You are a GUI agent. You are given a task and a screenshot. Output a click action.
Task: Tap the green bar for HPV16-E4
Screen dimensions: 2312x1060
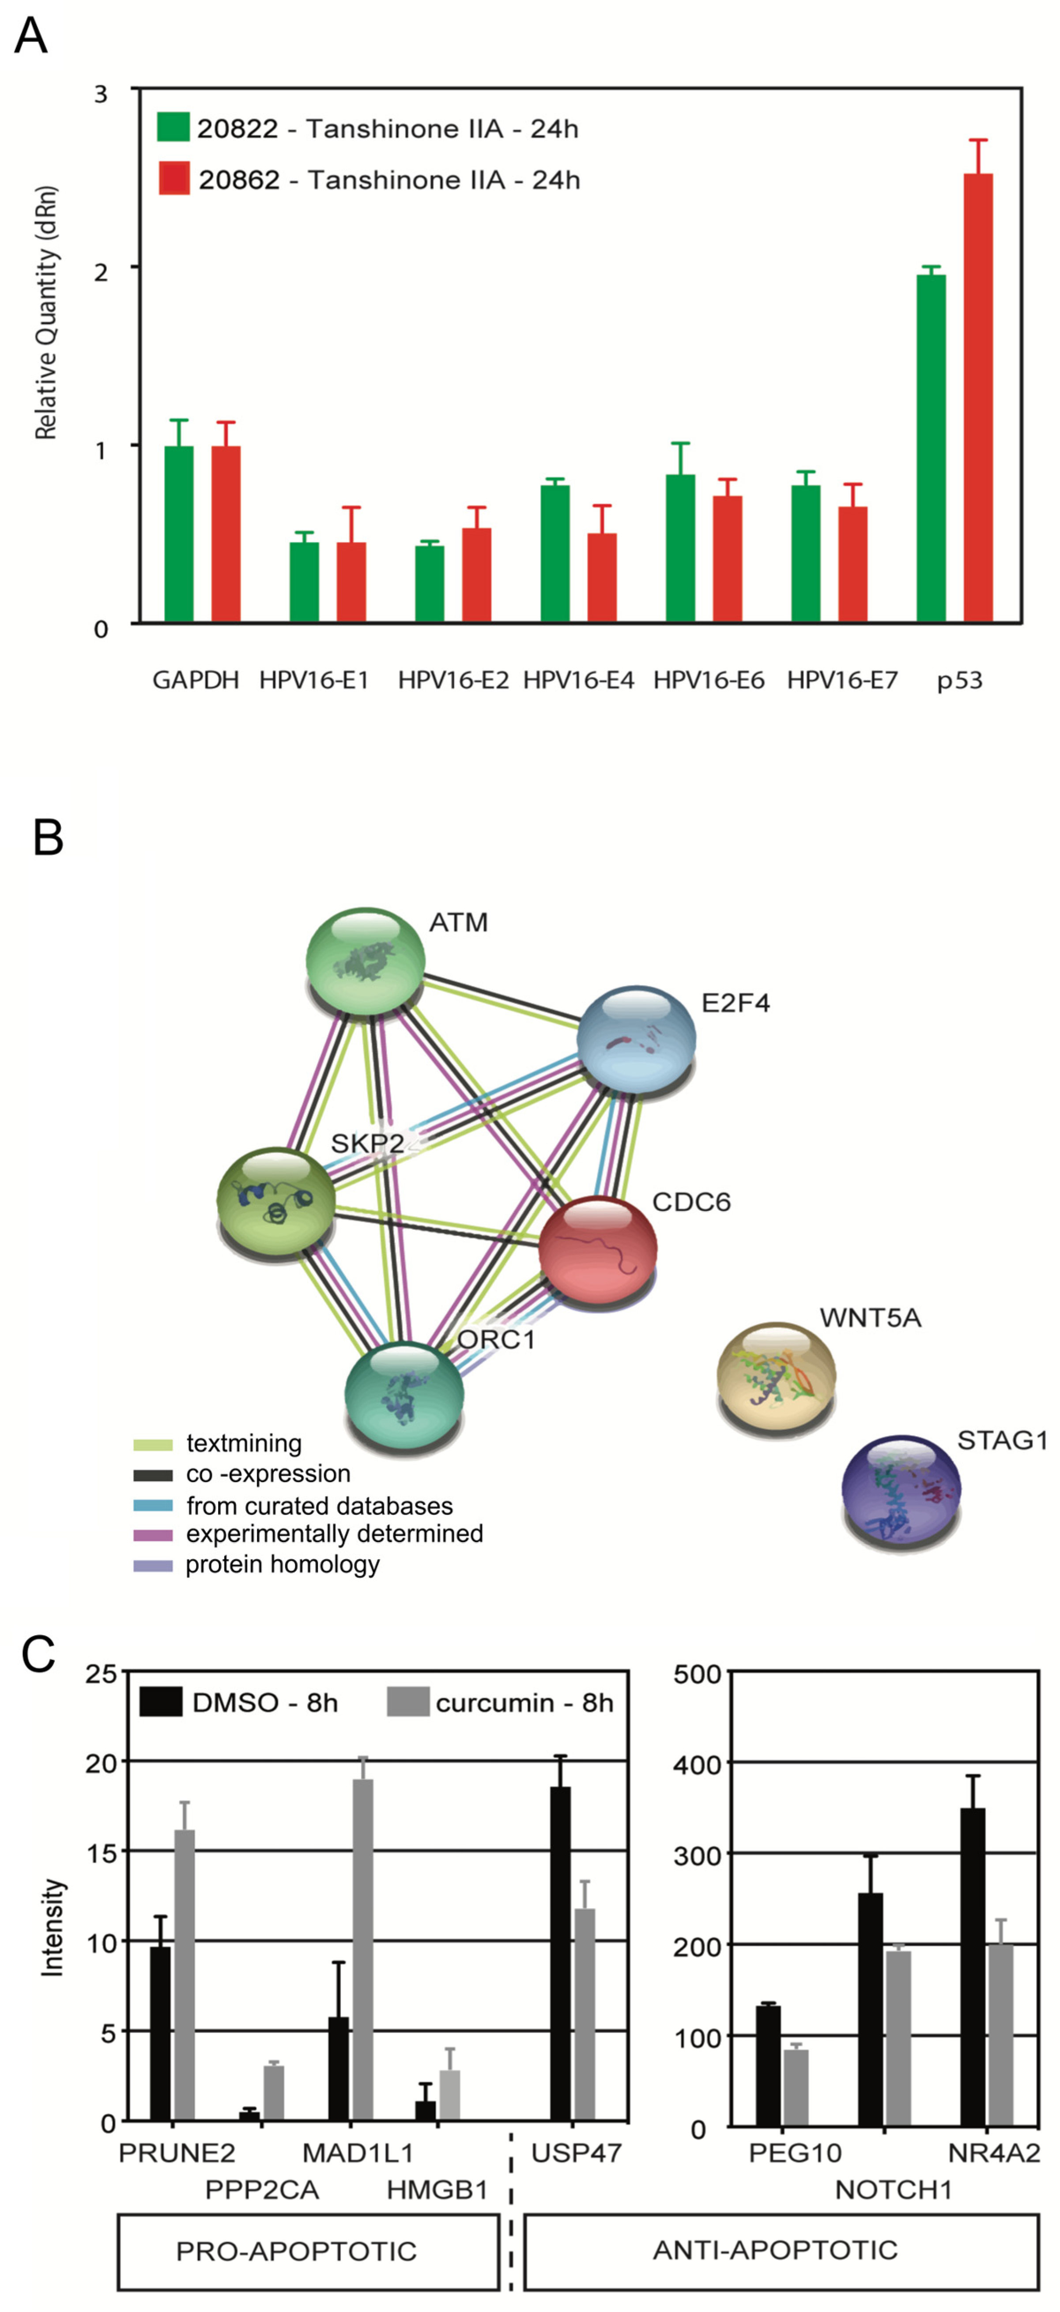(555, 554)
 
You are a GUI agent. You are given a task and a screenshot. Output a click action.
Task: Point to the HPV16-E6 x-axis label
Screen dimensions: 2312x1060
(708, 680)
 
